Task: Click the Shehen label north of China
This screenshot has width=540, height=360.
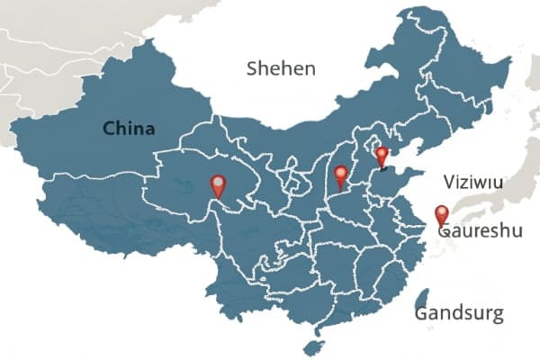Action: pos(281,68)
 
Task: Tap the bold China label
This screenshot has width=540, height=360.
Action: pos(129,129)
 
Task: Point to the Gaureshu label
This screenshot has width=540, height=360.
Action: pos(480,232)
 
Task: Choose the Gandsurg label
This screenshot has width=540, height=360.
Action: pos(459,314)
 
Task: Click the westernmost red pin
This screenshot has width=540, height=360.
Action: pos(218,185)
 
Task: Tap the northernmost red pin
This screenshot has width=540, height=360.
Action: pos(382,157)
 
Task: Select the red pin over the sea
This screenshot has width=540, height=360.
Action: pos(441,214)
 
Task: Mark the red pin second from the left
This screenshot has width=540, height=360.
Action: pos(340,175)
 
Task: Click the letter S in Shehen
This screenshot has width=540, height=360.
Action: pos(253,68)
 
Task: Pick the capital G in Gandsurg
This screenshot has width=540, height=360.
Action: pos(422,314)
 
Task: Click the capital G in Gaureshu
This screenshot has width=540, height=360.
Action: pos(445,232)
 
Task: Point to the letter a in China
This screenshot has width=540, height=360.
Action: pos(149,130)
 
